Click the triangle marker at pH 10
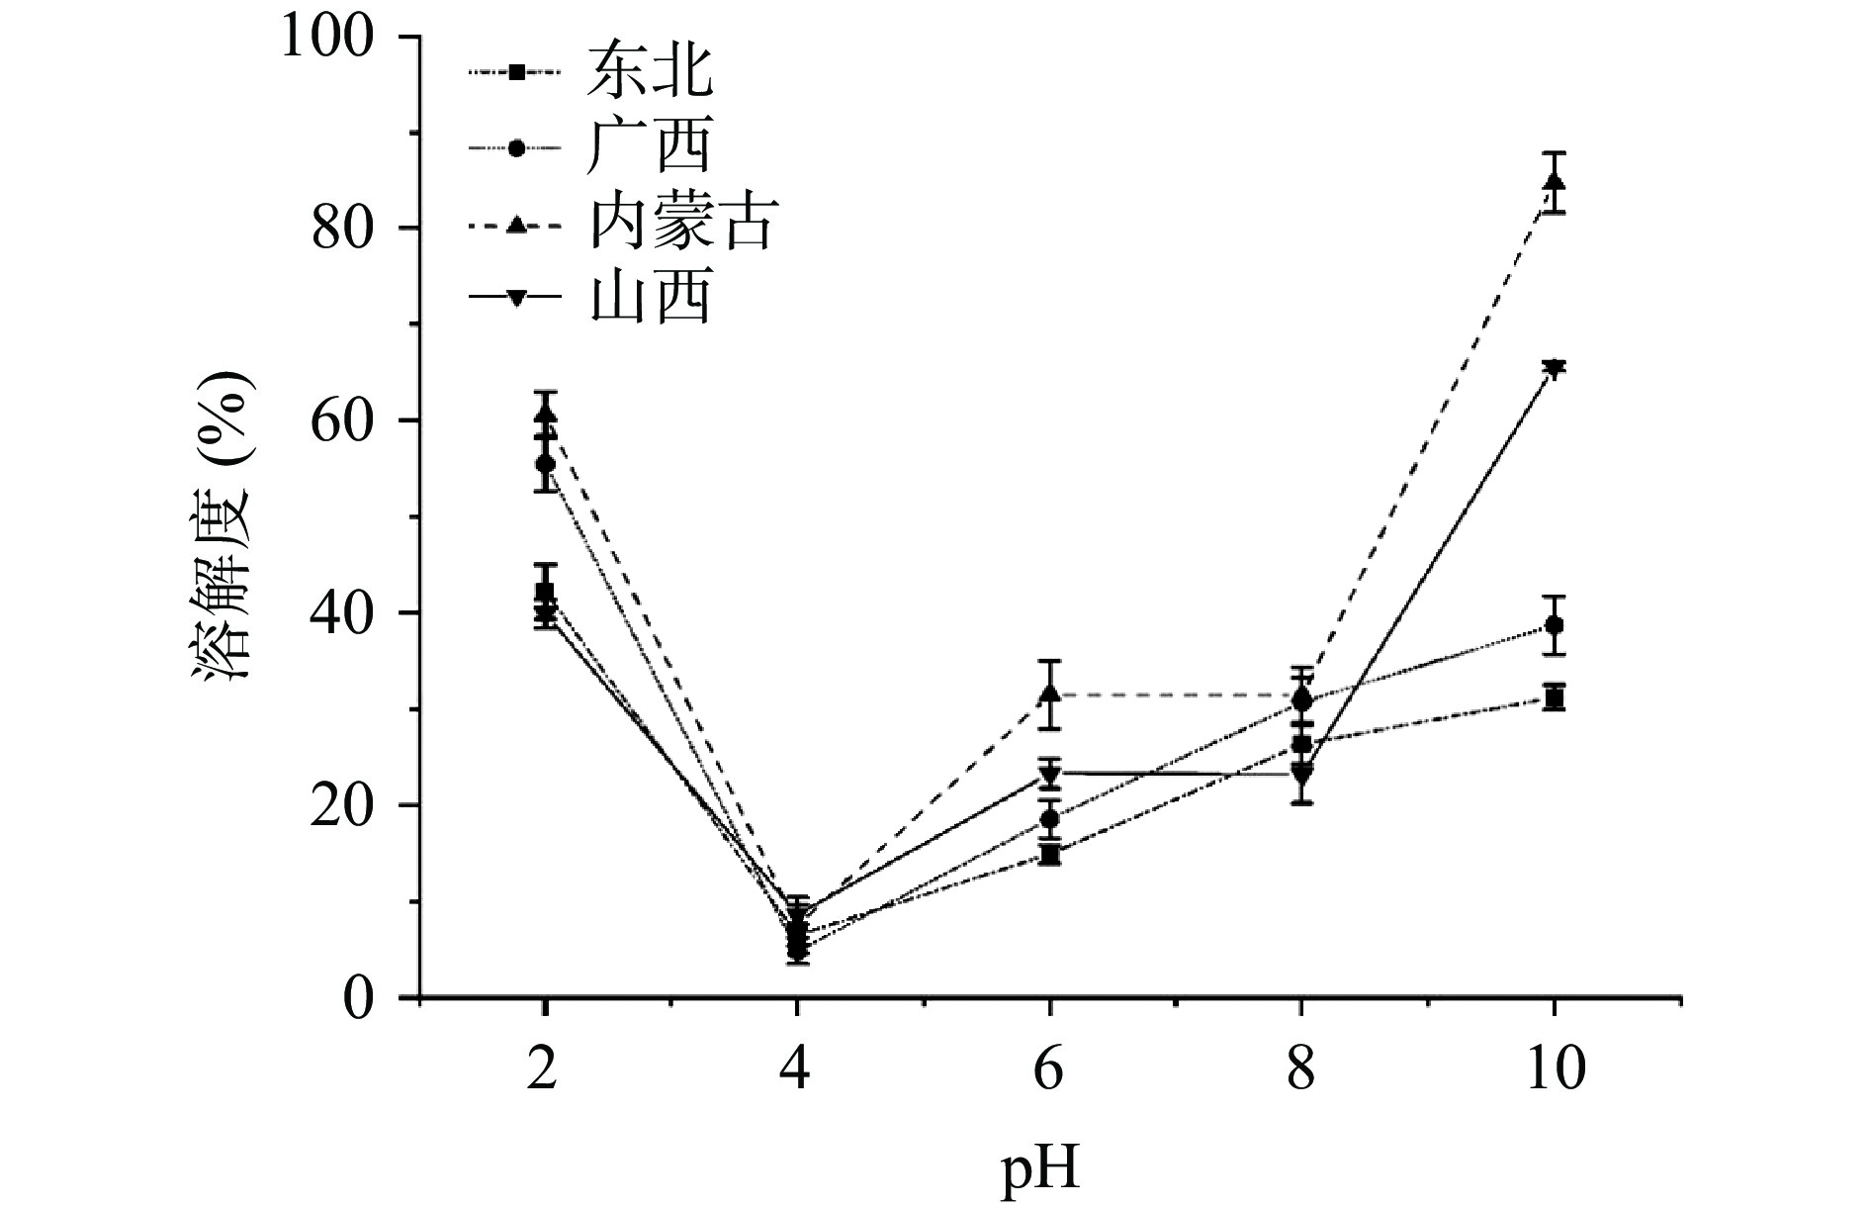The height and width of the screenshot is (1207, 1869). pos(1555,183)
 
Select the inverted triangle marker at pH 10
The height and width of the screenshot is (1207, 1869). pos(1555,369)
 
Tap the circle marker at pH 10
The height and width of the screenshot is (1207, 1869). pos(1555,625)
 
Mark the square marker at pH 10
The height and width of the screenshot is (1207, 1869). pos(1555,699)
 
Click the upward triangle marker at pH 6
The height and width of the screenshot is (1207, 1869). pos(1049,695)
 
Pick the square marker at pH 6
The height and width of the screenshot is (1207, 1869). pos(1049,854)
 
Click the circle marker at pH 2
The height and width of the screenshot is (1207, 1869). pos(545,463)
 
